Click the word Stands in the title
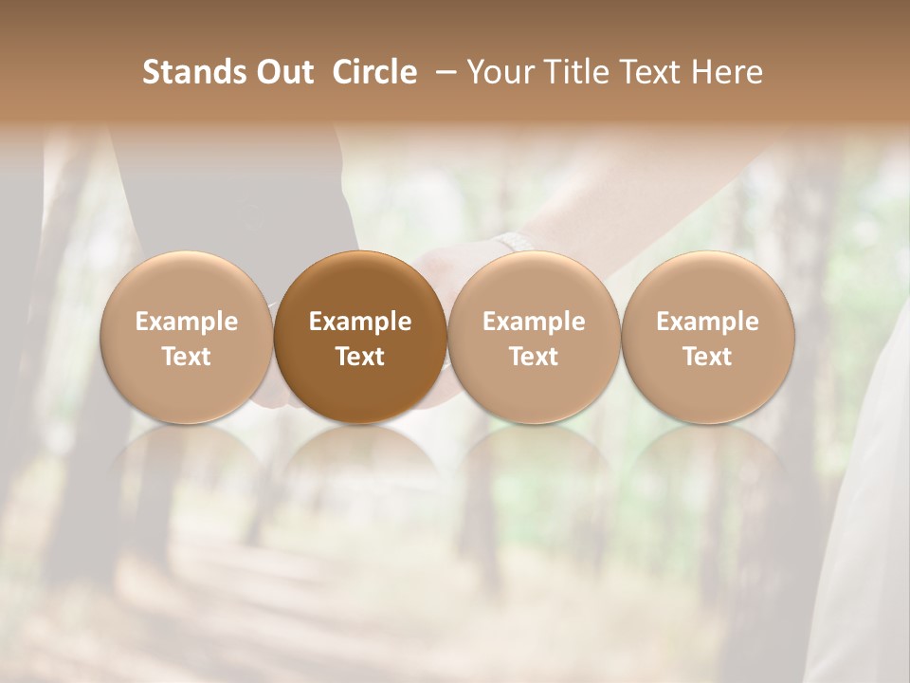192,73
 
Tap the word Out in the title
282,73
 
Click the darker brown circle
360,285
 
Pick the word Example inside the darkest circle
360,322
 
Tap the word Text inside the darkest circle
360,357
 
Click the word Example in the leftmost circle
187,322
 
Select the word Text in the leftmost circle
187,357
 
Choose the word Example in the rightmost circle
707,322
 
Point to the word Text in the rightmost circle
707,357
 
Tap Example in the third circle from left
534,322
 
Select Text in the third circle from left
534,357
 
